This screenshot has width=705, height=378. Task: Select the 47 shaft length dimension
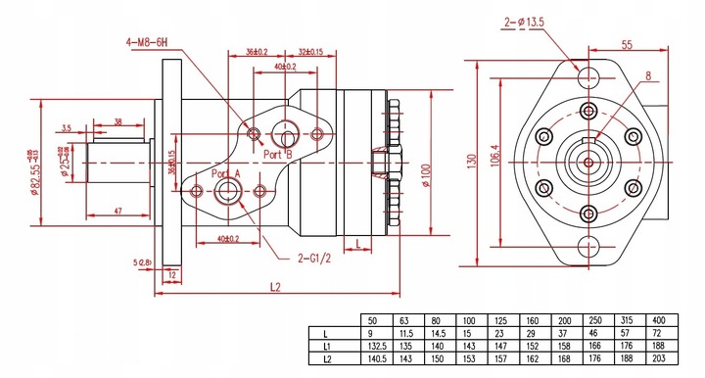(117, 210)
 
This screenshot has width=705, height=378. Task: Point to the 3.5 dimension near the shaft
(66, 127)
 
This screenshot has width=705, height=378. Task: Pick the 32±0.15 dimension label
(310, 53)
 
